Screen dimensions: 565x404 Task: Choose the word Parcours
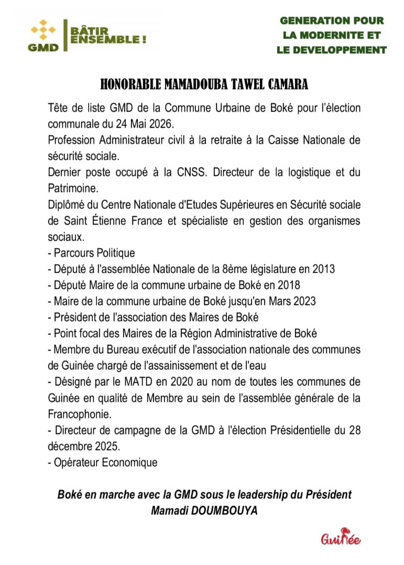coord(74,253)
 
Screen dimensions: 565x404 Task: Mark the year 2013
coord(323,269)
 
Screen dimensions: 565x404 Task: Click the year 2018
coord(288,285)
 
